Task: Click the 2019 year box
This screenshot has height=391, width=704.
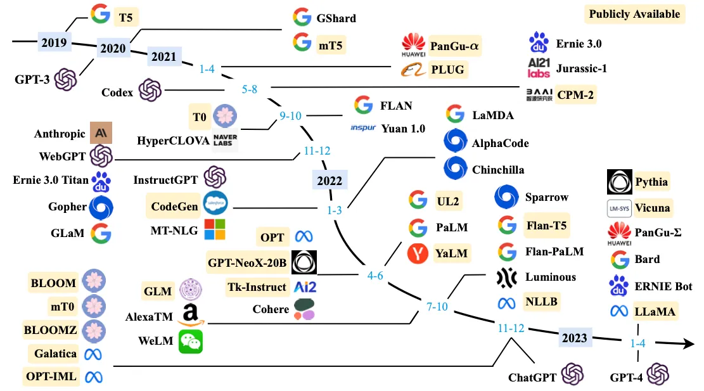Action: [x=54, y=42]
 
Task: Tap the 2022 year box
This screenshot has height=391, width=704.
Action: [x=330, y=181]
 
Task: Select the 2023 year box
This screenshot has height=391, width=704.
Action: [x=575, y=338]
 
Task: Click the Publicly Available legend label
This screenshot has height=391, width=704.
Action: [x=634, y=14]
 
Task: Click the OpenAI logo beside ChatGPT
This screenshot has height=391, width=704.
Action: [x=572, y=374]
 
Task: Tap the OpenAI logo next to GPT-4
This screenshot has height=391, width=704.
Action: [x=658, y=374]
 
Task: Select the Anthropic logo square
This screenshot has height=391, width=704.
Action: [x=101, y=133]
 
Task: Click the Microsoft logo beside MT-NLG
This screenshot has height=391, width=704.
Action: [x=215, y=229]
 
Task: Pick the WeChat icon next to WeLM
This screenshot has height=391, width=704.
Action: [x=191, y=342]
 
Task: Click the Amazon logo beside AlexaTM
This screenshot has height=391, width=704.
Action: [x=191, y=315]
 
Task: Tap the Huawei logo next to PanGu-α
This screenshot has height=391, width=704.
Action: [x=414, y=45]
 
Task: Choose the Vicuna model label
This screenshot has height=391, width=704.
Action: [x=653, y=208]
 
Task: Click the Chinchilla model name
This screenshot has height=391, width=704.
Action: [x=498, y=170]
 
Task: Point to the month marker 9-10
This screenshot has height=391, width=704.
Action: [x=290, y=116]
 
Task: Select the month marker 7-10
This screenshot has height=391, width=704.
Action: [x=437, y=307]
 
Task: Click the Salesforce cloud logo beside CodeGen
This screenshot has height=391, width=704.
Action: [x=215, y=203]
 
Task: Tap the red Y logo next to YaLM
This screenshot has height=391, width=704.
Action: [x=418, y=253]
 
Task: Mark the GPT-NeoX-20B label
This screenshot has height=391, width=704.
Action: [x=247, y=262]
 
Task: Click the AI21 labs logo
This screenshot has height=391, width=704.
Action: [x=539, y=68]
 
